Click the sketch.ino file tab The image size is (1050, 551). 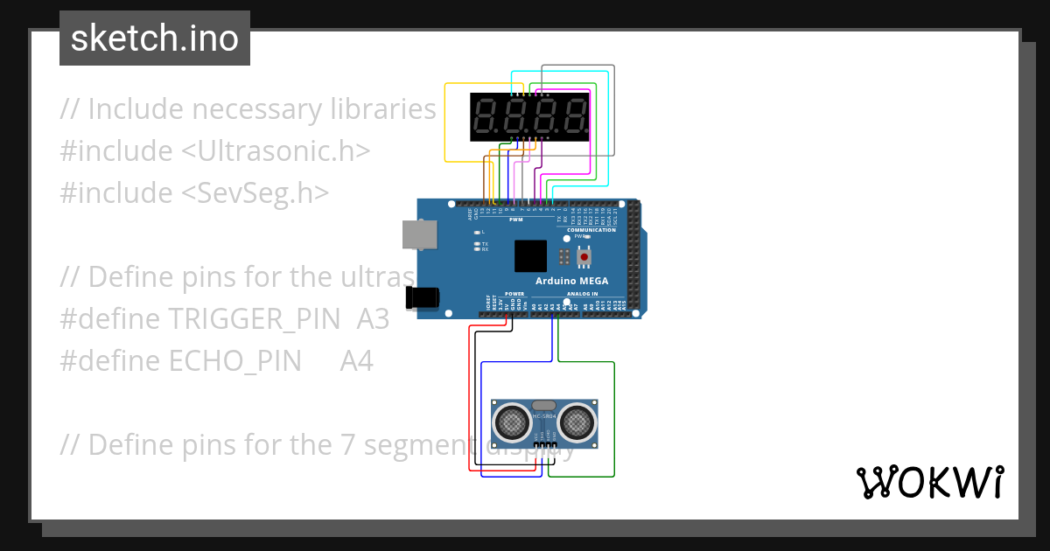[x=155, y=38]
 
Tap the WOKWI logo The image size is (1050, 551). [x=929, y=483]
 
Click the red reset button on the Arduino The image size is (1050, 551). [x=584, y=257]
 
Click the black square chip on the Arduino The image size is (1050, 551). [x=530, y=256]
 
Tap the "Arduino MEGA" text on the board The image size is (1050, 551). [x=571, y=281]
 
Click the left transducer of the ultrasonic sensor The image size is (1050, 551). [x=511, y=422]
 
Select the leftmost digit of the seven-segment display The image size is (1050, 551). [x=485, y=117]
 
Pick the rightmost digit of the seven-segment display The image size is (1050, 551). [x=573, y=117]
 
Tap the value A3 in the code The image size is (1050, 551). [x=373, y=319]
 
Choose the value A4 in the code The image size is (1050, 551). [x=357, y=361]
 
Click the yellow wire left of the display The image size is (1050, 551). [x=446, y=122]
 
